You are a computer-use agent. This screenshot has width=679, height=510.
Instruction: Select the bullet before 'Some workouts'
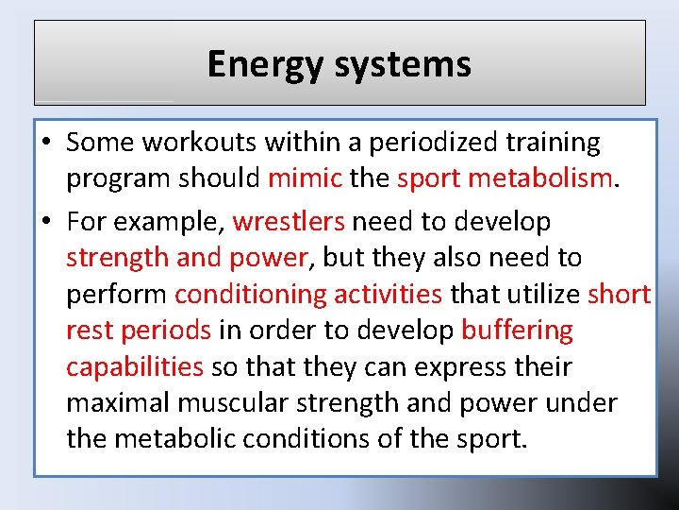tap(46, 143)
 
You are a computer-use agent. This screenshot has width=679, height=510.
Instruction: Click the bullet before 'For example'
tap(46, 222)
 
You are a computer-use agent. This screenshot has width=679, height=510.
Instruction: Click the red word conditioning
tap(249, 294)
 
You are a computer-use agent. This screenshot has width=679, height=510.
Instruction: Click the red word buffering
tap(517, 331)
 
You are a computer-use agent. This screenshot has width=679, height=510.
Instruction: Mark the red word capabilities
tap(135, 366)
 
